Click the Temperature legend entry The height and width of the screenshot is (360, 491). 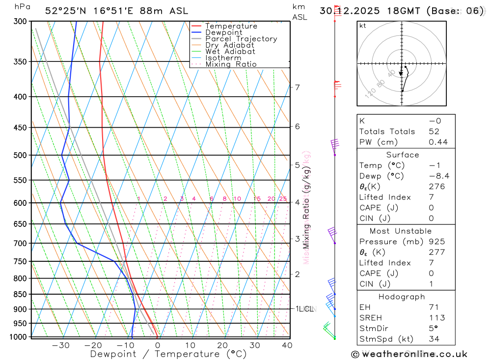[231, 26]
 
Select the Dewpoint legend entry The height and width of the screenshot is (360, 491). [223, 32]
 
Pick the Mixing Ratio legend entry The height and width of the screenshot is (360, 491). [231, 64]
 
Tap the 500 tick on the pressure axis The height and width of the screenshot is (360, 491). [21, 155]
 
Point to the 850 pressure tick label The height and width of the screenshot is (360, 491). [21, 294]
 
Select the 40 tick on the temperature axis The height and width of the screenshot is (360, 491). [287, 345]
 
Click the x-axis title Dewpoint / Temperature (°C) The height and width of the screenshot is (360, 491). [168, 354]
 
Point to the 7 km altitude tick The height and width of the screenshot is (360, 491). [298, 87]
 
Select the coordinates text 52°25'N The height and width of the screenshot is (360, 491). [67, 10]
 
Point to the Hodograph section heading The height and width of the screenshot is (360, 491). [402, 297]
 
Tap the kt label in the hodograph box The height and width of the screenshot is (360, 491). [362, 26]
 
